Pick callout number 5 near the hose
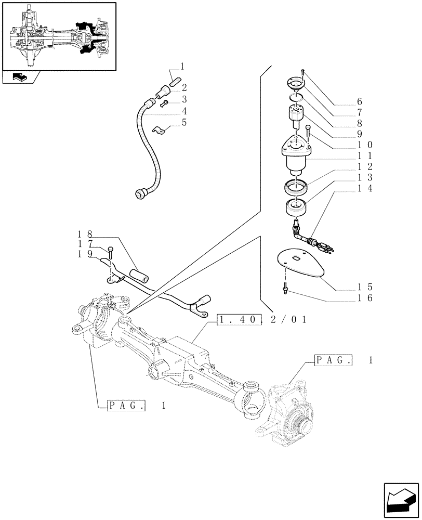(184, 123)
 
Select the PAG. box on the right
(333, 360)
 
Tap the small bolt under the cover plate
(286, 287)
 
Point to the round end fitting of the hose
(139, 194)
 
